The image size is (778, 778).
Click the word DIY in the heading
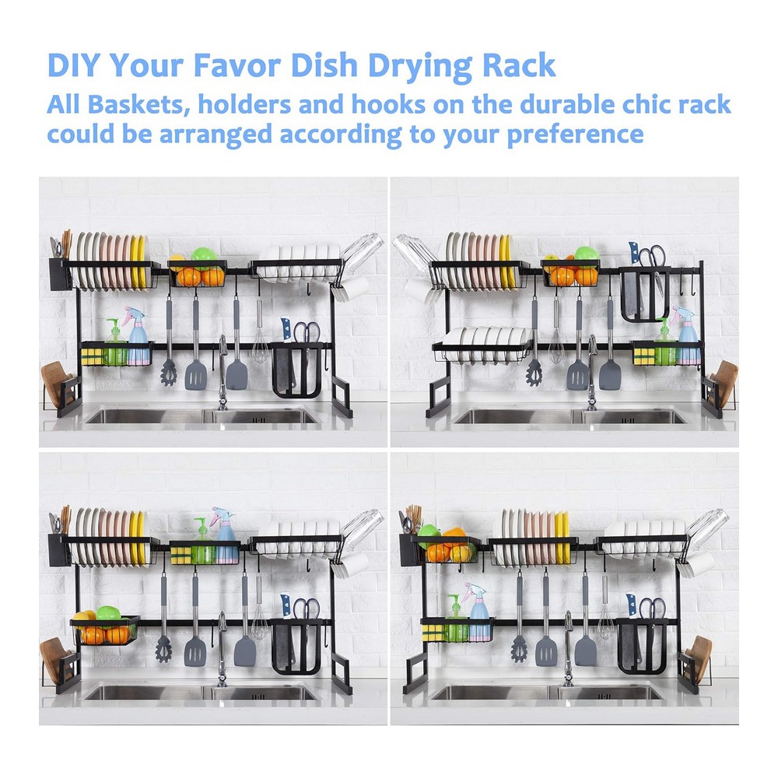73,65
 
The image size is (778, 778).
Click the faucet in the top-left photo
223,371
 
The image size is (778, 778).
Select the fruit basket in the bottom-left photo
105,630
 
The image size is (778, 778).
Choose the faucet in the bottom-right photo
569,647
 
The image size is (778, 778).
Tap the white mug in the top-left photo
356,289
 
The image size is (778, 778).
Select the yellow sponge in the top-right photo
643,356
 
